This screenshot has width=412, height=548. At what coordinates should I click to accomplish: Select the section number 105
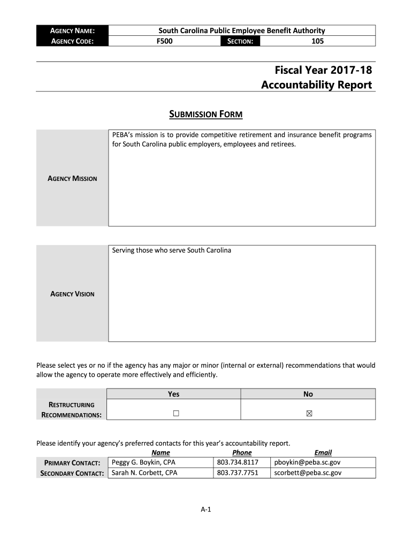[x=317, y=41]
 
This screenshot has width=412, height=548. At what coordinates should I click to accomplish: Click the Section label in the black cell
[x=240, y=41]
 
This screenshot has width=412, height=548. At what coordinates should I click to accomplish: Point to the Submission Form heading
[x=206, y=114]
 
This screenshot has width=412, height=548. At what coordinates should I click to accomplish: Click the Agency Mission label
[x=73, y=178]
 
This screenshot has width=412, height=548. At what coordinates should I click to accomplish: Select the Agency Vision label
[x=72, y=294]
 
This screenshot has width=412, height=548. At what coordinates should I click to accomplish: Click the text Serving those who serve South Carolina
[x=171, y=250]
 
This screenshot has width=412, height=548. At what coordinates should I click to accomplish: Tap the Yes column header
[x=173, y=394]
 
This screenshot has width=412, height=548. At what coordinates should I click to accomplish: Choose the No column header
[x=308, y=394]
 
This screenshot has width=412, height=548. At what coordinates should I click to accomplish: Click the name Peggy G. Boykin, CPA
[x=143, y=462]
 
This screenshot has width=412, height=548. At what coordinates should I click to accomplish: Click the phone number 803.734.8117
[x=238, y=462]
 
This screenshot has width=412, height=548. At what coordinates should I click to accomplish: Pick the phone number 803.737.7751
[x=238, y=473]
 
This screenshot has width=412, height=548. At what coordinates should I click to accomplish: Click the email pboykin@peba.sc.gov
[x=307, y=462]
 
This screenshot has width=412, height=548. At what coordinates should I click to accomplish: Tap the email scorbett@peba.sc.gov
[x=308, y=473]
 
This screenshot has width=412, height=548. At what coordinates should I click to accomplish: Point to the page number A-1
[x=206, y=509]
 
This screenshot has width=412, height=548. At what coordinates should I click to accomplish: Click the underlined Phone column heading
[x=242, y=452]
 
